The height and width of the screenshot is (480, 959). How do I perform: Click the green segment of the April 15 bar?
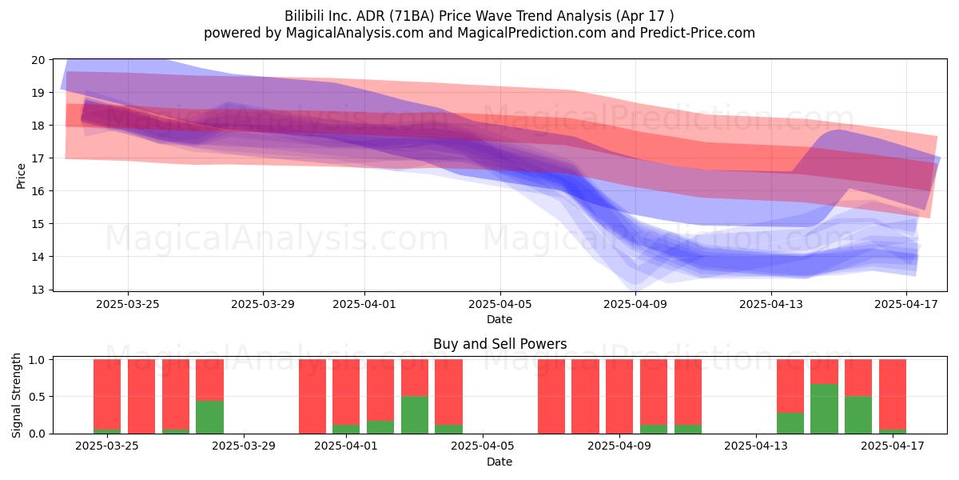(824, 409)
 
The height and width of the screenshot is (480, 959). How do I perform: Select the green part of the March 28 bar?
(209, 417)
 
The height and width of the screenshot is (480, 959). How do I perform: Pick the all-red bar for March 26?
(141, 397)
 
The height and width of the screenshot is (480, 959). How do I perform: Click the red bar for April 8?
(585, 397)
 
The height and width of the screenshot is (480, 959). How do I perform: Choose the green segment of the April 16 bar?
(858, 415)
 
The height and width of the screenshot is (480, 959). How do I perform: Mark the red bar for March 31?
(312, 397)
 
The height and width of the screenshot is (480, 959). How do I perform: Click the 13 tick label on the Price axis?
(38, 290)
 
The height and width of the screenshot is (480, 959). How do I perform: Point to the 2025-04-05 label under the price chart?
(500, 304)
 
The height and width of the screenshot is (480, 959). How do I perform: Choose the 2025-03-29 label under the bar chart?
(244, 446)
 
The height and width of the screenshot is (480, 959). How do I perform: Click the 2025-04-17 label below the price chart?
(906, 304)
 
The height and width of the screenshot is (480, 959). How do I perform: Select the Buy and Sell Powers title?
(499, 344)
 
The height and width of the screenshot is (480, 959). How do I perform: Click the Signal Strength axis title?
(16, 395)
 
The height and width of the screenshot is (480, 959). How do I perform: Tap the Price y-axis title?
(21, 176)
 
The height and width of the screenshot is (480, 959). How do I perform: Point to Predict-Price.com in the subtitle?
(698, 33)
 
